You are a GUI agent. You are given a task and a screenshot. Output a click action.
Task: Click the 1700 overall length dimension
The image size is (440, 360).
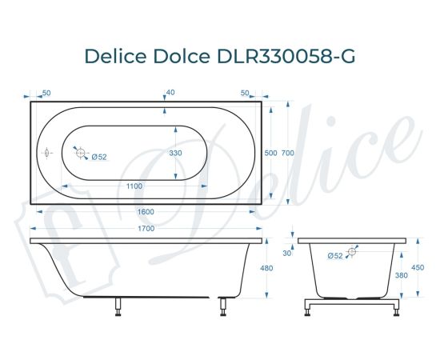pos(146,229)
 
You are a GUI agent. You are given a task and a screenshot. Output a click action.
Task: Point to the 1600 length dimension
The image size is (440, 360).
pos(146,211)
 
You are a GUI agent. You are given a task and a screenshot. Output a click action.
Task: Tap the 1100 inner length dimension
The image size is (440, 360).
pos(134,186)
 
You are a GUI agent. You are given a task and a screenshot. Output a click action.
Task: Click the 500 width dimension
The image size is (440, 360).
pos(270,153)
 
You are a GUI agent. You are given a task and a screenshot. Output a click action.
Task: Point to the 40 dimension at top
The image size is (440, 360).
pos(170,93)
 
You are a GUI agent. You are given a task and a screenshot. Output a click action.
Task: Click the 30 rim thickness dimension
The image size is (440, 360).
pos(287,254)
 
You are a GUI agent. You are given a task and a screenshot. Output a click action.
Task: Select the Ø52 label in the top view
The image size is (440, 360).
pos(99,157)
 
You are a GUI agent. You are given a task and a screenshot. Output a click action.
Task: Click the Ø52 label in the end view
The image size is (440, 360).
pos(336,255)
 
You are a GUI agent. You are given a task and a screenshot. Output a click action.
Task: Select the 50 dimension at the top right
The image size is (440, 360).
pos(245,93)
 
